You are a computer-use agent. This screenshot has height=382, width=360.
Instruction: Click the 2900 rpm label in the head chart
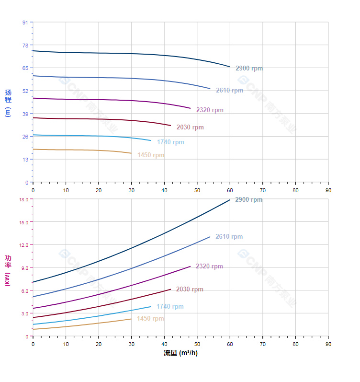pos(249,69)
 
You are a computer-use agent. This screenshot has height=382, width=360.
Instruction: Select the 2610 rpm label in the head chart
pos(229,91)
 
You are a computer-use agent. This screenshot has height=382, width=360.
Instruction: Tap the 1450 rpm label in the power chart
pos(150,319)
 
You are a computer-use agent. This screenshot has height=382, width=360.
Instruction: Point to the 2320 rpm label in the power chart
pos(209,266)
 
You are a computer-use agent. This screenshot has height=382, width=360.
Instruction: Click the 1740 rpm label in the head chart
pos(170,142)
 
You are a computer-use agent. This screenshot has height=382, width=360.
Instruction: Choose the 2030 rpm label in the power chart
pos(190,289)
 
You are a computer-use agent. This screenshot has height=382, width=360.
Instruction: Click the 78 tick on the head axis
pos(25,45)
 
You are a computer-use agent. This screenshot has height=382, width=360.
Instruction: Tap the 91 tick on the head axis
pos(25,23)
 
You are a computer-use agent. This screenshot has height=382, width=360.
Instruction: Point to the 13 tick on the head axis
pos(25,160)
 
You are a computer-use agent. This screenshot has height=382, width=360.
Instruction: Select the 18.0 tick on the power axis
pos(23,199)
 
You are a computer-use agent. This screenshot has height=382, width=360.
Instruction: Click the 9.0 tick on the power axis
pos(24,267)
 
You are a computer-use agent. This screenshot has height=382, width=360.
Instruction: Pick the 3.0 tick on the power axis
pos(24,313)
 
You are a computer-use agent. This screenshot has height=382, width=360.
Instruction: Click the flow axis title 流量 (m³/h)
pos(180,353)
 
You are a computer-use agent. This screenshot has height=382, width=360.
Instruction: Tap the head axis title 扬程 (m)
pos(8,103)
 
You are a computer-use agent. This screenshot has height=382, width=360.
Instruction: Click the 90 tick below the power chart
pos(328,344)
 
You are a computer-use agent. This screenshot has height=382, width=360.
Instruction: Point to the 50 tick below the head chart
pos(197,190)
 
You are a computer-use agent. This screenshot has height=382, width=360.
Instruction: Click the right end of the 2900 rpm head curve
pos(230,67)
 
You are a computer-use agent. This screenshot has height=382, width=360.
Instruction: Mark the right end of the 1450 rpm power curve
pos(131,319)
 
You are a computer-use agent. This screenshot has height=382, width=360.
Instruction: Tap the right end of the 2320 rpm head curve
pos(191,108)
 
